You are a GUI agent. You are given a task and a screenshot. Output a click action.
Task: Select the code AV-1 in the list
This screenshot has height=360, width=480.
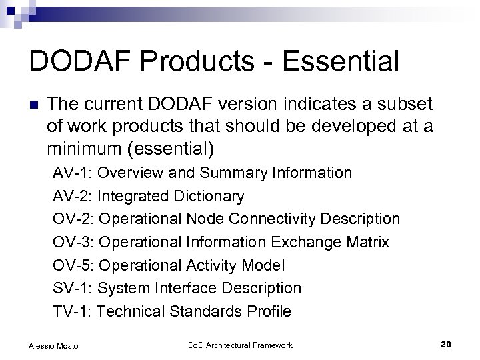point(73,173)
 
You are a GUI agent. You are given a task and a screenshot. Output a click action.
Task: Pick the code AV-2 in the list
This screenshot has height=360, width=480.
point(73,196)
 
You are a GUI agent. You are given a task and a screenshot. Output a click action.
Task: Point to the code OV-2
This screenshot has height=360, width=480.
point(73,219)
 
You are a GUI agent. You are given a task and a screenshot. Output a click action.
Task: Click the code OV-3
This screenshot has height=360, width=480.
point(73,243)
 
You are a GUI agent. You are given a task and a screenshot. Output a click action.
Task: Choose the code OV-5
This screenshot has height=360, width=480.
point(73,265)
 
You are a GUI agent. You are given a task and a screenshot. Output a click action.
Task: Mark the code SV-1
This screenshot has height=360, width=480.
point(73,289)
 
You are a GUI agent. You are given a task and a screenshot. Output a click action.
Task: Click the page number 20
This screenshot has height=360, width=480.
point(446,344)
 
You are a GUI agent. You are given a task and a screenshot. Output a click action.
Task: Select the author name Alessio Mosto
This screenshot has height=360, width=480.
point(53,345)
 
